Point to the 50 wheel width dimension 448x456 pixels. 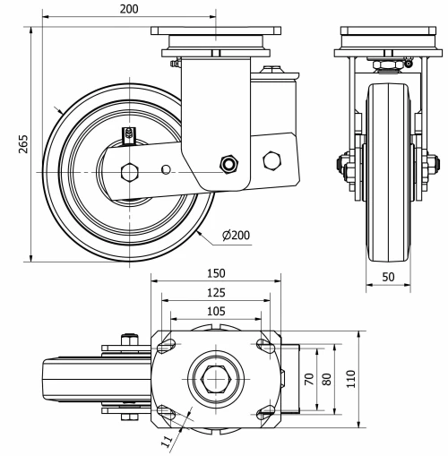(x=389, y=278)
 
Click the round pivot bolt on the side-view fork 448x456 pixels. (x=230, y=163)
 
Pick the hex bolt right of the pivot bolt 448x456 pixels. (x=270, y=160)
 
